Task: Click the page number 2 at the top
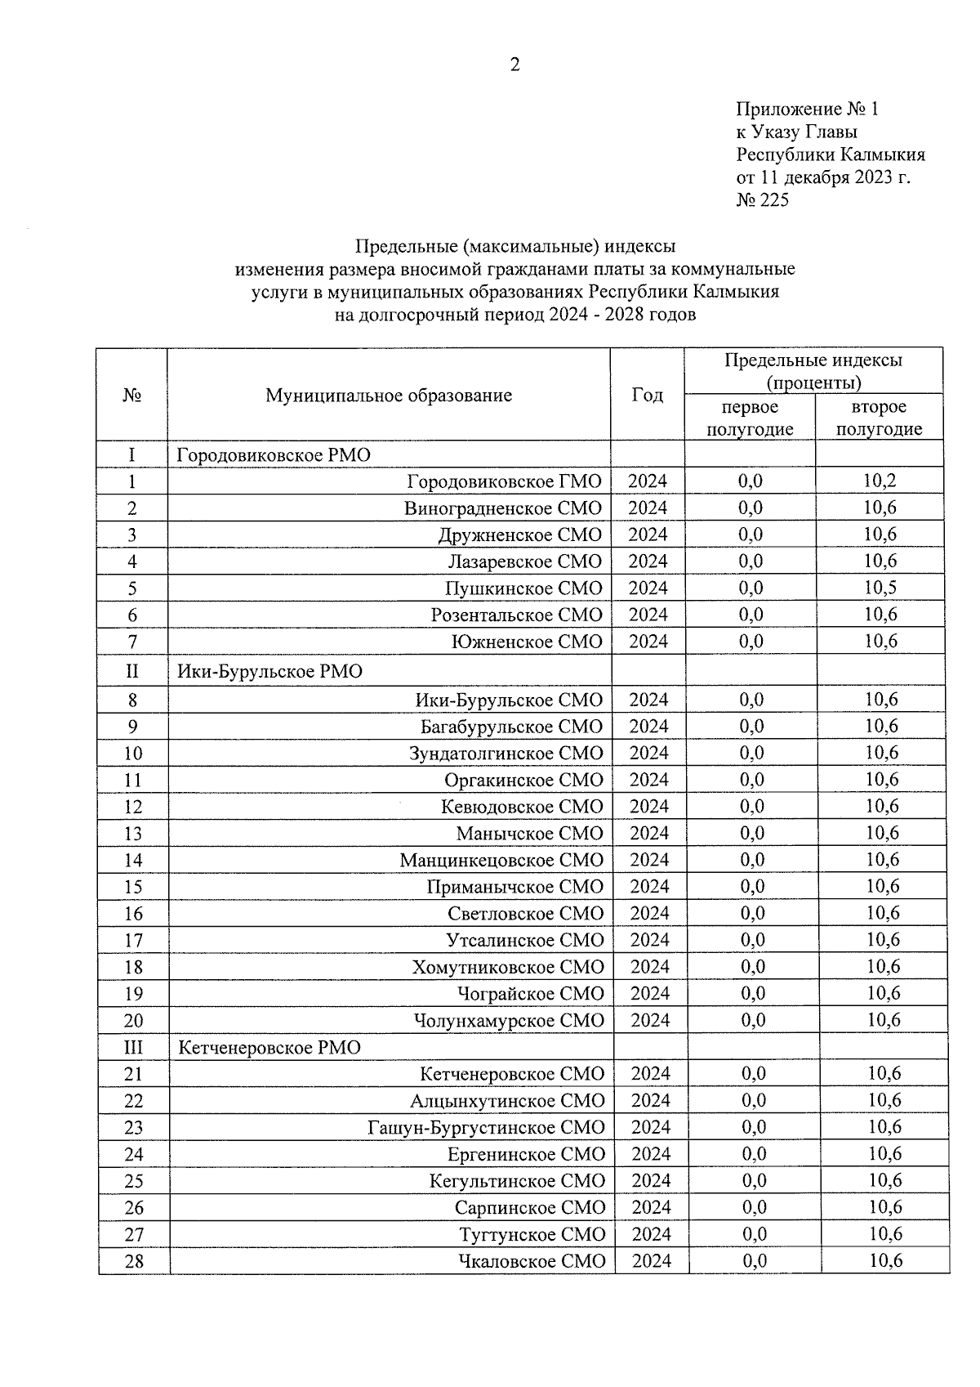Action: pyautogui.click(x=514, y=65)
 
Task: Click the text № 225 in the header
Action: pyautogui.click(x=762, y=200)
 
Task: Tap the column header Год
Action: pyautogui.click(x=647, y=395)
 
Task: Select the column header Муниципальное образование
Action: pyautogui.click(x=389, y=396)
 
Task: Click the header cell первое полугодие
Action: pyautogui.click(x=750, y=418)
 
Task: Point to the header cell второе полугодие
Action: pyautogui.click(x=879, y=418)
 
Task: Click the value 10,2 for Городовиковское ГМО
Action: pyautogui.click(x=880, y=481)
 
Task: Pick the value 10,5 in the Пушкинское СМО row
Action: pyautogui.click(x=880, y=588)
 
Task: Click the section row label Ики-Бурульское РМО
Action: pyautogui.click(x=270, y=672)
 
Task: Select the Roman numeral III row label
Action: pyautogui.click(x=132, y=1048)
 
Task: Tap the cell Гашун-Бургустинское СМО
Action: pyautogui.click(x=487, y=1127)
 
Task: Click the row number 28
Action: pyautogui.click(x=133, y=1261)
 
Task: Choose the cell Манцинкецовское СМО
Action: pyautogui.click(x=501, y=860)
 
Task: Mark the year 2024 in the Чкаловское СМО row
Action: pyautogui.click(x=651, y=1261)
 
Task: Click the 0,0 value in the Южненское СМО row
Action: pyautogui.click(x=751, y=642)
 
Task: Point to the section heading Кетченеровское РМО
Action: pyautogui.click(x=269, y=1048)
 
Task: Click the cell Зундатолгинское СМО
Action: pyautogui.click(x=506, y=753)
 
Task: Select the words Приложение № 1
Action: pyautogui.click(x=807, y=110)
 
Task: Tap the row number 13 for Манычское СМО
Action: pyautogui.click(x=132, y=834)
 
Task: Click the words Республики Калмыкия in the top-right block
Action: pyautogui.click(x=831, y=155)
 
